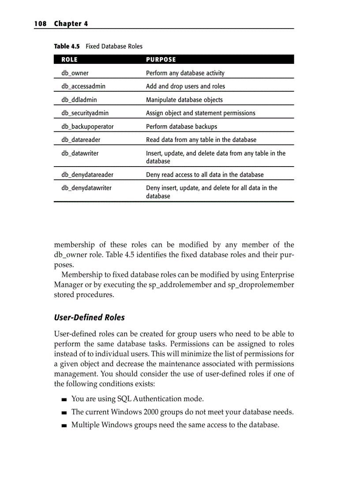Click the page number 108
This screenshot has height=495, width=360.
tap(40, 24)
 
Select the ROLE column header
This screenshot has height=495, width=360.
tap(69, 60)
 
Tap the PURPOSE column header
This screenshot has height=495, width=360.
tap(161, 60)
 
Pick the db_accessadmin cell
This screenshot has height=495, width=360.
tap(83, 86)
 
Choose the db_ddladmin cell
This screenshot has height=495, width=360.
tap(79, 100)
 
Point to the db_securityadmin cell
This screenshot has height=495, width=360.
tap(85, 113)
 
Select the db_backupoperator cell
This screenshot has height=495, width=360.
tap(87, 127)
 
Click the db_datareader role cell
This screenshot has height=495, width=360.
tap(81, 140)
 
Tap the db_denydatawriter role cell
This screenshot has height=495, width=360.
tap(86, 188)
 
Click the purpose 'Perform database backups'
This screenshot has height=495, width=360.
tap(181, 127)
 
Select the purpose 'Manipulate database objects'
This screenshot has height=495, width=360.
tap(184, 100)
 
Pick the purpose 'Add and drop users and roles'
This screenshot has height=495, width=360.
tap(185, 86)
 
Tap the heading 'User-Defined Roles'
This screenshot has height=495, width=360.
tap(89, 317)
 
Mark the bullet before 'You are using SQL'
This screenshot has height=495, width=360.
tap(64, 399)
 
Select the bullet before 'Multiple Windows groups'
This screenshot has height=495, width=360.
tap(64, 426)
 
